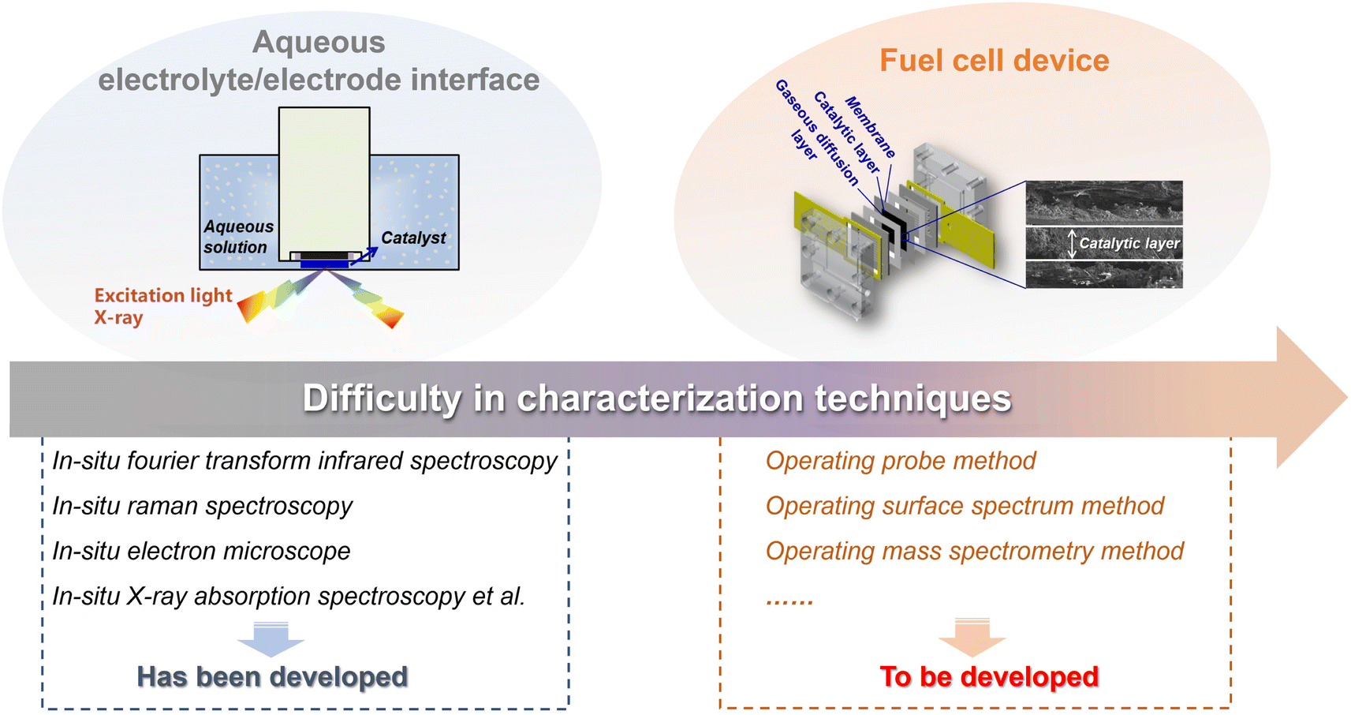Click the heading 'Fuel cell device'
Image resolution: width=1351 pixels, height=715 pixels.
tap(994, 60)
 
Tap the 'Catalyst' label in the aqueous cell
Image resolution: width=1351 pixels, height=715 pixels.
tap(413, 238)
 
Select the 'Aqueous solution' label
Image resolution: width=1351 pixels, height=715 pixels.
tap(238, 237)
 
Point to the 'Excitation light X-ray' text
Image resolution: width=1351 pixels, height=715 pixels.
tap(162, 306)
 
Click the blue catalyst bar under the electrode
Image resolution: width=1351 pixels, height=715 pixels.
tap(324, 264)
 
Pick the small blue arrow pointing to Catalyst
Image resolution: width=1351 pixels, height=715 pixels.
tap(364, 256)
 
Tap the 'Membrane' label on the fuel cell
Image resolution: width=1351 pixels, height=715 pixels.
tap(871, 127)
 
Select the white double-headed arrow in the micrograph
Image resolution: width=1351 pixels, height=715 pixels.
tap(1072, 243)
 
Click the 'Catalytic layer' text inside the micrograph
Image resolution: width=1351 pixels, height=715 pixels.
tap(1129, 243)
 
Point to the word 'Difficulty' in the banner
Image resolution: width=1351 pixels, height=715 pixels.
tap(382, 399)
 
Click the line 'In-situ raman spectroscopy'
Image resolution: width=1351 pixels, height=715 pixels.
tap(202, 506)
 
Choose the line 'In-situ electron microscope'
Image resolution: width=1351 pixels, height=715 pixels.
tap(201, 551)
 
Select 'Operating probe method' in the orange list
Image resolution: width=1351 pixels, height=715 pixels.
tap(901, 461)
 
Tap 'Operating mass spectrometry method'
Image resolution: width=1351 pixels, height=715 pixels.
tap(975, 551)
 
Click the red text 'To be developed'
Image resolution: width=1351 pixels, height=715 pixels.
tap(989, 676)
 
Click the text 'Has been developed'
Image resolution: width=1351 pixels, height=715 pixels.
tap(273, 676)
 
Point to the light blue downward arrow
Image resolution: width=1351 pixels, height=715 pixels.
tap(271, 639)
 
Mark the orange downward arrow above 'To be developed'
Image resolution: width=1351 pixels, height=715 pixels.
tap(972, 638)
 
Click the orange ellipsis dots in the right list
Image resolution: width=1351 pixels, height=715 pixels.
tap(789, 601)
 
